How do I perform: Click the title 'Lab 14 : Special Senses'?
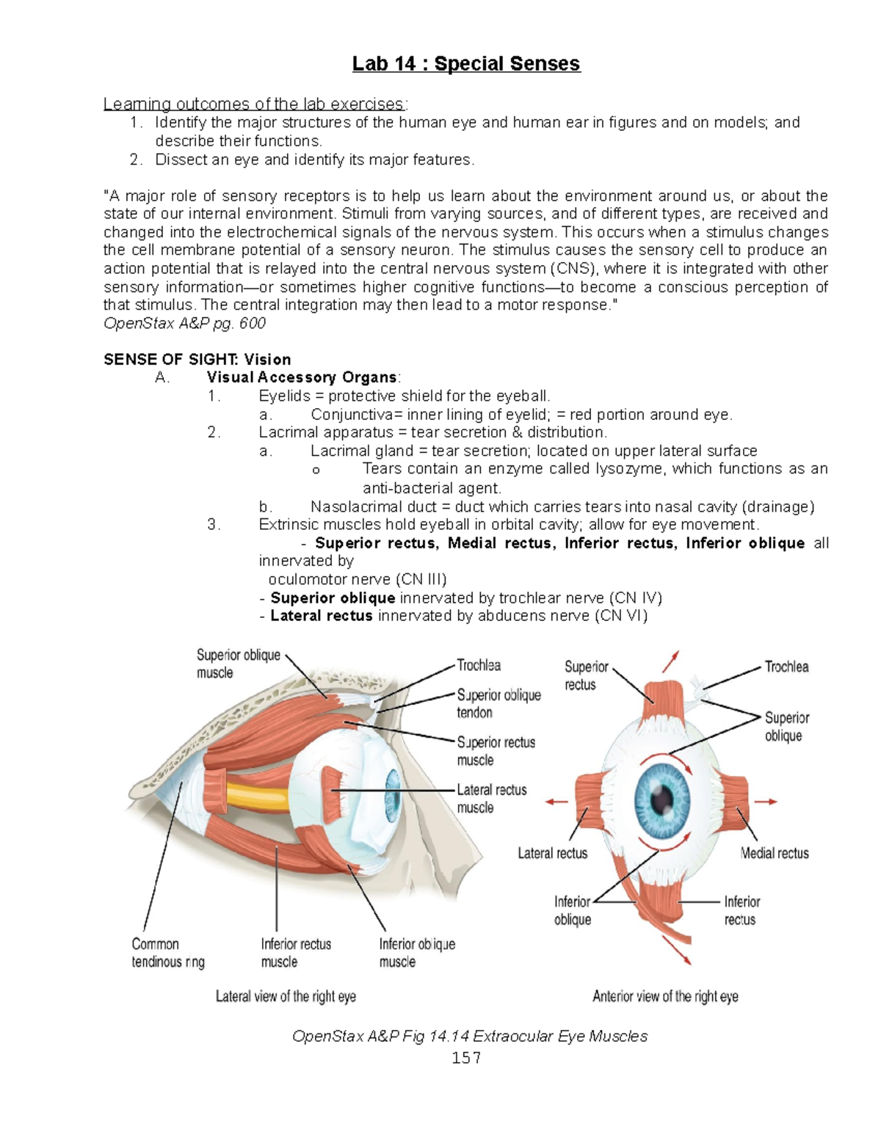465,64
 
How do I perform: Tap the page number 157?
466,1057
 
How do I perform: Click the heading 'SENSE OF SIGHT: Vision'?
197,359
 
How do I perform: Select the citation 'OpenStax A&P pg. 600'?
184,323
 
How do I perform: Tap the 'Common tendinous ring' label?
168,953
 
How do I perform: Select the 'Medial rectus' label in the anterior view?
774,853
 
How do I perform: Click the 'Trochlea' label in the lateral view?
479,665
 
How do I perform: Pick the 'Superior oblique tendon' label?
498,703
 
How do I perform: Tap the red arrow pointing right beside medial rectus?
766,802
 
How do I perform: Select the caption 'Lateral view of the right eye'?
286,996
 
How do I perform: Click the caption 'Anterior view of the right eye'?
665,996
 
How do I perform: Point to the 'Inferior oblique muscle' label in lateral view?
416,953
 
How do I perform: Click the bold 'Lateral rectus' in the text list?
322,616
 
